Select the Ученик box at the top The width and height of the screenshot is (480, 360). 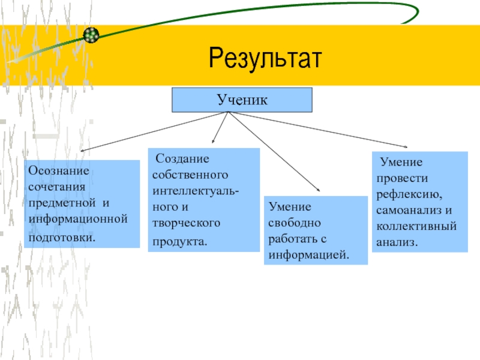point(242,100)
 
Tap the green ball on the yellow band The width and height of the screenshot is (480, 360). point(91,35)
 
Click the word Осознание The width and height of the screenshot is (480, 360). point(58,170)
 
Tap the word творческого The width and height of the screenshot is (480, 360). point(186,223)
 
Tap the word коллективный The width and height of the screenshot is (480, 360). point(417,227)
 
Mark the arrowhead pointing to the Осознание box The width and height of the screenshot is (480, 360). point(83,150)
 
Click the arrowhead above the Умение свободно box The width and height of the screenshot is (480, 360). point(317,191)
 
